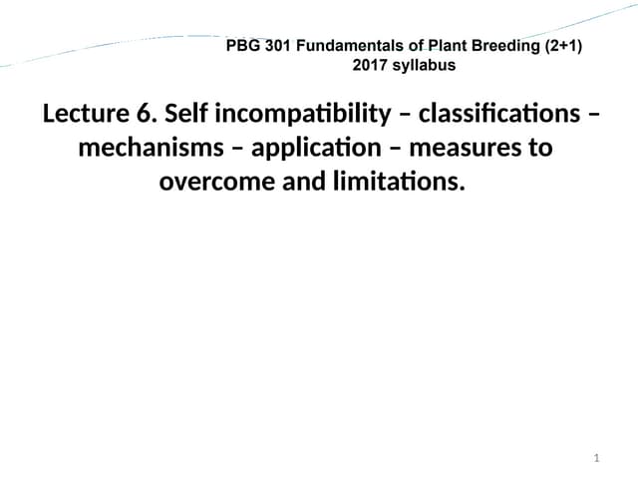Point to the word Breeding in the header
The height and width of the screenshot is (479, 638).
[501, 46]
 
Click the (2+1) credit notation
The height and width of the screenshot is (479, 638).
[559, 46]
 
